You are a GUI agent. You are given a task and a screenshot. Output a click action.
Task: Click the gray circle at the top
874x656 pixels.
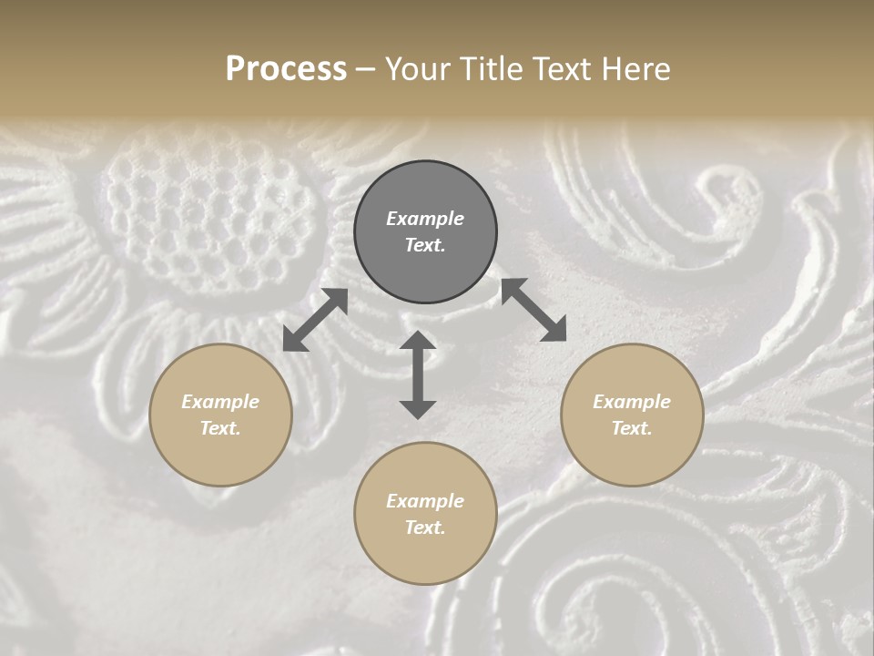(425, 231)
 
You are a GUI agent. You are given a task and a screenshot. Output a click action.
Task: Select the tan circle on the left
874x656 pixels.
(220, 415)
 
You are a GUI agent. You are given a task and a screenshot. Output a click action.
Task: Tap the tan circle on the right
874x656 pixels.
(632, 415)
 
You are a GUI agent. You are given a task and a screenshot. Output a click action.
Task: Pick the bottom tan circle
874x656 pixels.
(425, 514)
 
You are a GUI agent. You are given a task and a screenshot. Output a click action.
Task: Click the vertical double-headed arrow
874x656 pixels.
(418, 374)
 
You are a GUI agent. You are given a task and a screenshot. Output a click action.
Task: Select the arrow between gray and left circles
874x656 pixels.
(315, 320)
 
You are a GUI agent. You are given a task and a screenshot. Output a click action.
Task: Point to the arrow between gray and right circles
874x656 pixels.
(534, 310)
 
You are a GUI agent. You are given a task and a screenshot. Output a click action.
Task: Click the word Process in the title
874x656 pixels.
(286, 68)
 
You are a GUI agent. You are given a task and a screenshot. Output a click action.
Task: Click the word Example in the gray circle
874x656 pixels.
(425, 219)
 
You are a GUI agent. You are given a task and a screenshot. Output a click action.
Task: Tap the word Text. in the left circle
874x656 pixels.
(220, 428)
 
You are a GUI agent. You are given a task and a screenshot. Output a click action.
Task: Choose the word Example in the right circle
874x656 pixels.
(632, 402)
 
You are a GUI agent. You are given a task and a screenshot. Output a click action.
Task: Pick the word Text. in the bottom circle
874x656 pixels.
(425, 528)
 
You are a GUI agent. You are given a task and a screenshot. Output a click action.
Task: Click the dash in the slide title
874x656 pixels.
(365, 69)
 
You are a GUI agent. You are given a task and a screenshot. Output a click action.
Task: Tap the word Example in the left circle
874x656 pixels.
(220, 402)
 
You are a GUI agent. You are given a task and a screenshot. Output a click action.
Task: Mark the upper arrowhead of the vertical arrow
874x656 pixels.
(418, 340)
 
